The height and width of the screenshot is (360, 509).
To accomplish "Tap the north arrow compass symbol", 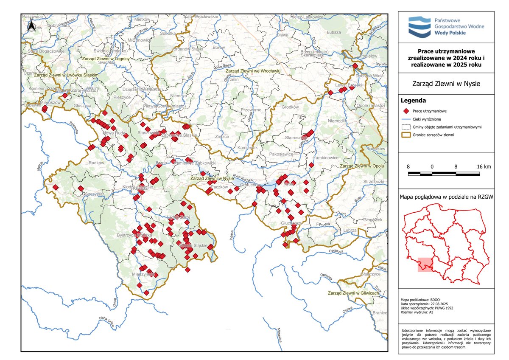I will [x=31, y=26].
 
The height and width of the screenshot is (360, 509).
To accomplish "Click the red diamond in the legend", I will [x=406, y=110].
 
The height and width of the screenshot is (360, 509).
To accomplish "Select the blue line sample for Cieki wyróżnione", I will [x=406, y=119].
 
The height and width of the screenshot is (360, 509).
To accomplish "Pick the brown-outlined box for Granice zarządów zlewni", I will [x=406, y=135].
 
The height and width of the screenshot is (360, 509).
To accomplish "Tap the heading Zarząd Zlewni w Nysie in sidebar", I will [x=446, y=84].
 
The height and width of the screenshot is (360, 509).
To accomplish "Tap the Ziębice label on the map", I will [x=222, y=137].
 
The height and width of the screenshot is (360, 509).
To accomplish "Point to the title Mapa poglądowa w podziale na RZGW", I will [x=446, y=197].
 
